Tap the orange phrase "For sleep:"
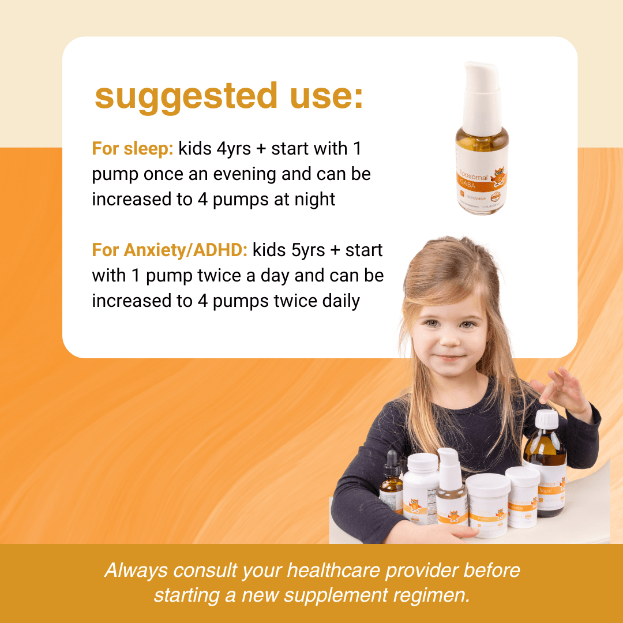[132, 149]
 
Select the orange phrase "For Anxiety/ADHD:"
[170, 250]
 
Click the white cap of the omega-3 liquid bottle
[547, 418]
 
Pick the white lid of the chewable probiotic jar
[523, 475]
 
